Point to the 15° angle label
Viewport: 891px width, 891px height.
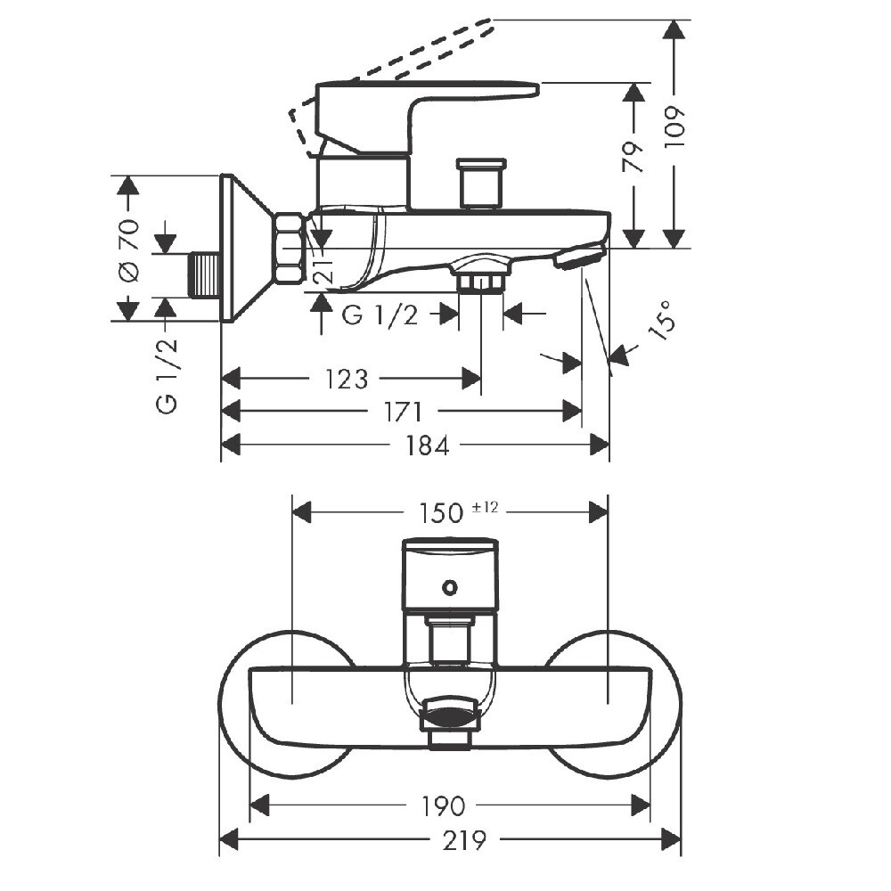click(x=662, y=320)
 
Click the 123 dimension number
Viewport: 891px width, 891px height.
click(x=347, y=380)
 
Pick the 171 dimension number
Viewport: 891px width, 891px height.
click(x=404, y=412)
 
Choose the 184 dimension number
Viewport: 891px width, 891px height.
click(x=428, y=445)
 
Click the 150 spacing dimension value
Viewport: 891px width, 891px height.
click(x=443, y=513)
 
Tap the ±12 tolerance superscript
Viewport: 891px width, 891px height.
click(x=485, y=507)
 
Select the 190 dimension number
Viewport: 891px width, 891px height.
click(x=443, y=806)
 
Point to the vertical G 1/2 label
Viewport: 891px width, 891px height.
click(x=167, y=375)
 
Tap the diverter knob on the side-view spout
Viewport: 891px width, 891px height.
click(x=480, y=184)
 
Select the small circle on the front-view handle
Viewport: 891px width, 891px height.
click(x=450, y=587)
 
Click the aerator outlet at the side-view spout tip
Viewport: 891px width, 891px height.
click(x=578, y=258)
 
